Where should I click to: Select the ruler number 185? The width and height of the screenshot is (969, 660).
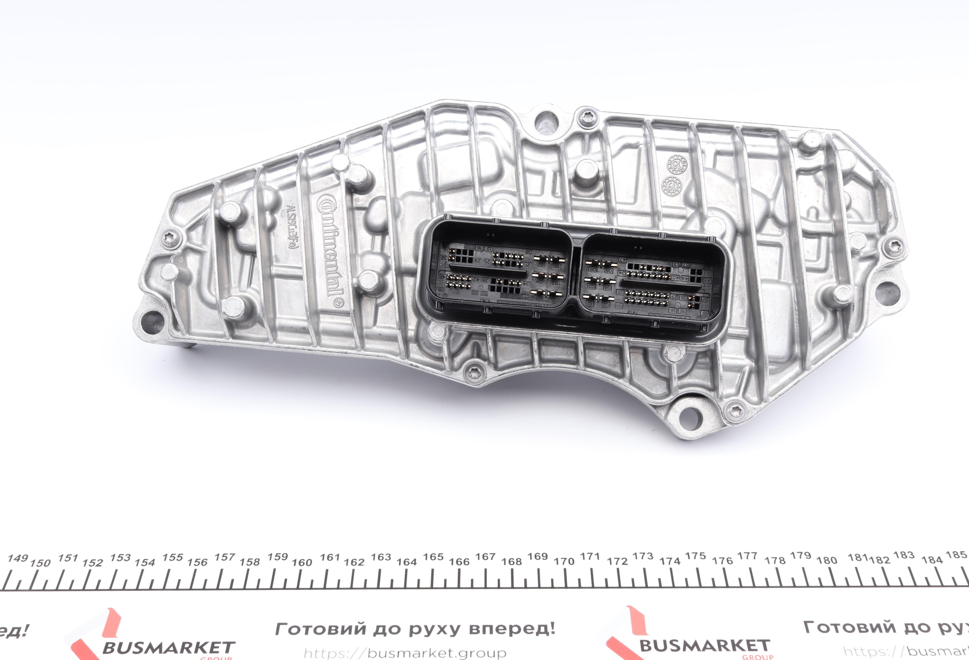click(956, 555)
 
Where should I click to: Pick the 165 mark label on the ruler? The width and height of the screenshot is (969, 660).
click(433, 557)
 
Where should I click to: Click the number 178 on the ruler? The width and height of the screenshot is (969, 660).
click(775, 561)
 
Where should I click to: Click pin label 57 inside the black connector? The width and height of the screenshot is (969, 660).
click(686, 265)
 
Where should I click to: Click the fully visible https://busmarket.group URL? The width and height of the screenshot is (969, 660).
click(405, 653)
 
